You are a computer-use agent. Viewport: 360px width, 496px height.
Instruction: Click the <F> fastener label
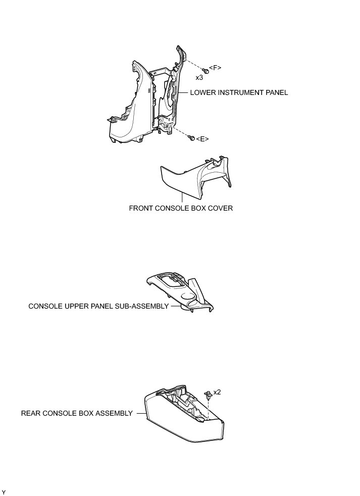pyautogui.click(x=215, y=68)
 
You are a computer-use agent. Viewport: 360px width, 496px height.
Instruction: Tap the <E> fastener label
pyautogui.click(x=202, y=139)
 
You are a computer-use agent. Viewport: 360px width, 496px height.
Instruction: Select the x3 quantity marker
pyautogui.click(x=199, y=78)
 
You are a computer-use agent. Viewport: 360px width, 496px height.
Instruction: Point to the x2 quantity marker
pyautogui.click(x=218, y=392)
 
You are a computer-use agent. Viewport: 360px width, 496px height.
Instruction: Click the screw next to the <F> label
pyautogui.click(x=205, y=71)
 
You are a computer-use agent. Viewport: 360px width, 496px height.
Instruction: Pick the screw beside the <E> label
pyautogui.click(x=191, y=137)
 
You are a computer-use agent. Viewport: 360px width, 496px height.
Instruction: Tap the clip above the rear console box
pyautogui.click(x=208, y=394)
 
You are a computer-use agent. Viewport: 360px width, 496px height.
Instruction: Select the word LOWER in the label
pyautogui.click(x=201, y=92)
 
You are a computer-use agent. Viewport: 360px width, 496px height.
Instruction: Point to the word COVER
pyautogui.click(x=221, y=208)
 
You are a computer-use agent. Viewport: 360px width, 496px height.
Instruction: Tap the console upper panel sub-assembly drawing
pyautogui.click(x=179, y=293)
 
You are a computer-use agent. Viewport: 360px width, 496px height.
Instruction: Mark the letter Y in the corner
pyautogui.click(x=4, y=492)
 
